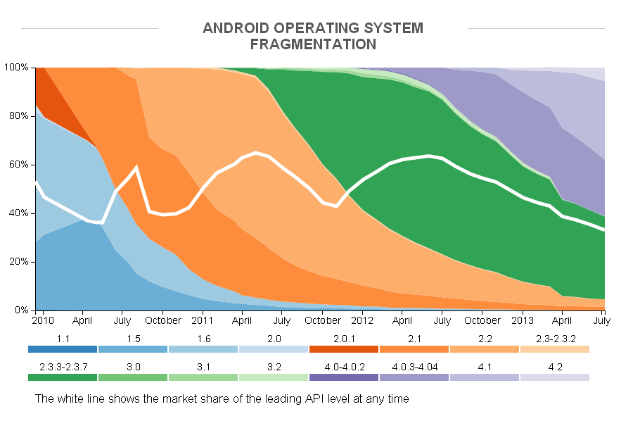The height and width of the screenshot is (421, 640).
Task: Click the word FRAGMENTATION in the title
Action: click(313, 44)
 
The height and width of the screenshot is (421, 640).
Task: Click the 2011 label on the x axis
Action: click(203, 320)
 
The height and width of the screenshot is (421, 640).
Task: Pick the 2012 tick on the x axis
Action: click(361, 320)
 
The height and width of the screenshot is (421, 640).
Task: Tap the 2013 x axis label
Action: click(522, 320)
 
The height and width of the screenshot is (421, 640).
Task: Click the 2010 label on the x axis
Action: click(43, 320)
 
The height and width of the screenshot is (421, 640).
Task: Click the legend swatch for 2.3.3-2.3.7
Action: click(63, 377)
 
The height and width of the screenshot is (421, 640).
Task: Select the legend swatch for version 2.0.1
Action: click(343, 349)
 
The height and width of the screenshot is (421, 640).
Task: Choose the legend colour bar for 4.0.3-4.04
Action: click(414, 377)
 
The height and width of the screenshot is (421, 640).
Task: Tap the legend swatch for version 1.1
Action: click(63, 349)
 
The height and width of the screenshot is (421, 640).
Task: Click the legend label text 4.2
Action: click(554, 367)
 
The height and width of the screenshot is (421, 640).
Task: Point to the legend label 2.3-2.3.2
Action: click(554, 339)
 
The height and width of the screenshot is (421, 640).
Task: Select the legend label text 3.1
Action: click(203, 367)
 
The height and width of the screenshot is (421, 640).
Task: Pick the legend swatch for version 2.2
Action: click(484, 349)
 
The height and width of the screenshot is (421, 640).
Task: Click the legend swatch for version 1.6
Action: click(203, 349)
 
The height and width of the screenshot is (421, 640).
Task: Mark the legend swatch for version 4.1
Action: click(484, 377)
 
